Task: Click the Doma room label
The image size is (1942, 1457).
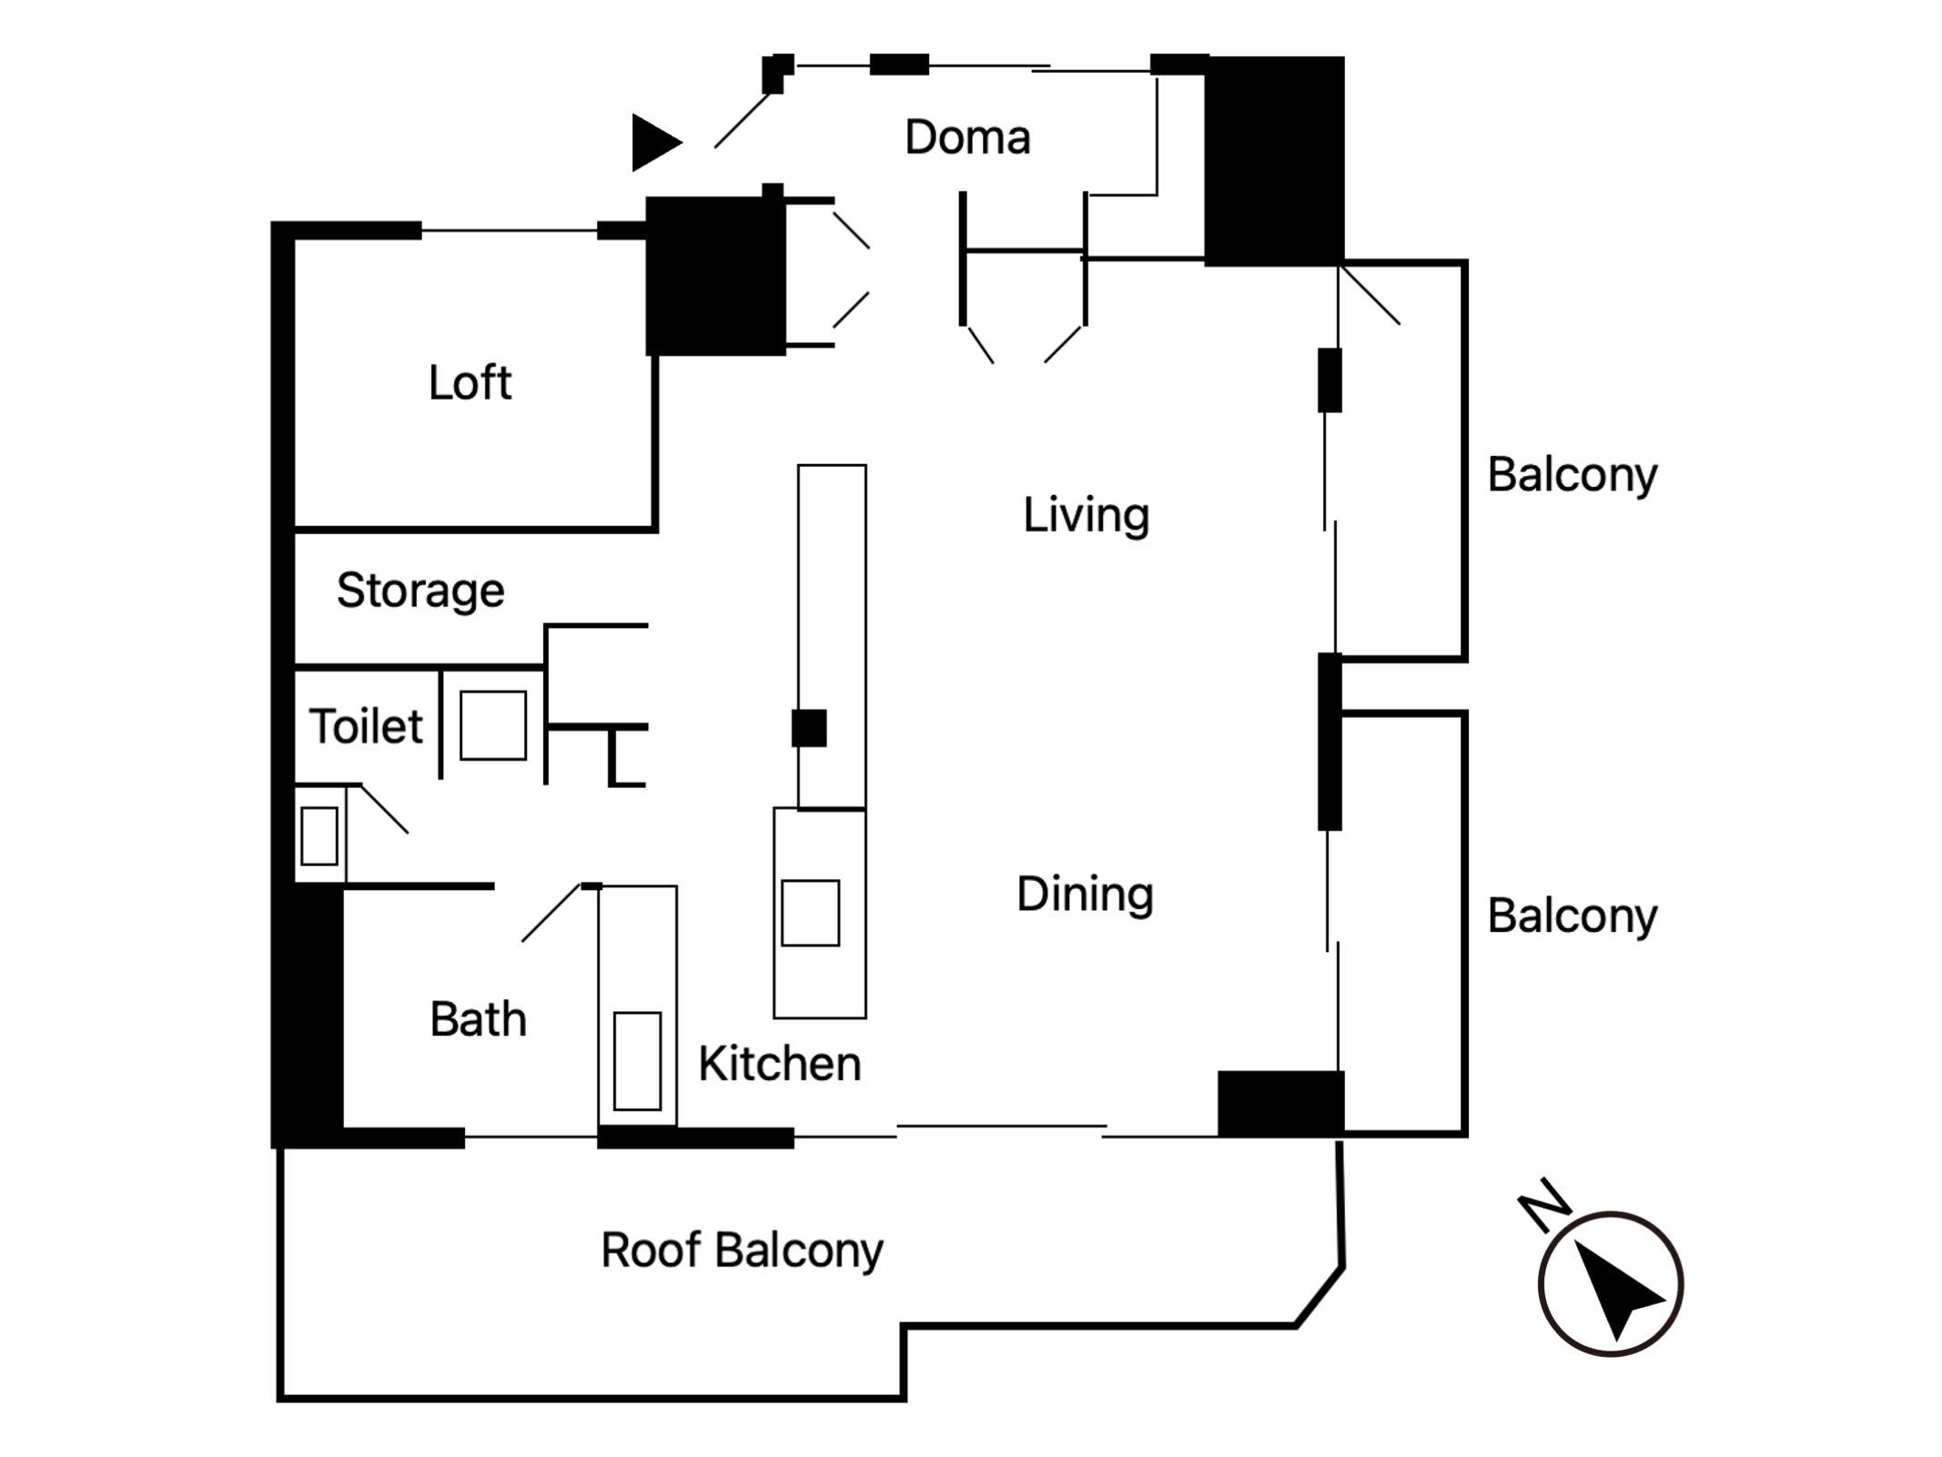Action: (967, 137)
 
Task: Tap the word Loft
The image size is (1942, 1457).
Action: (470, 382)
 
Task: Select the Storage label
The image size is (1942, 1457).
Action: (420, 592)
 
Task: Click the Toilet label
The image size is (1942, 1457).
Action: (366, 726)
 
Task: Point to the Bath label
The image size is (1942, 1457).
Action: (478, 1019)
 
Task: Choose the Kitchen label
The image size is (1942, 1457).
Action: (780, 1064)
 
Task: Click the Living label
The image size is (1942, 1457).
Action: (1086, 515)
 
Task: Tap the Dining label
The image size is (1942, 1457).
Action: (1085, 895)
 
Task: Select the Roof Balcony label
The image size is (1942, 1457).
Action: (742, 1250)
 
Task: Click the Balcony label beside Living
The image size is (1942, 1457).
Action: (1573, 475)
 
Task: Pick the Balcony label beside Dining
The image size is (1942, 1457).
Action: (1573, 916)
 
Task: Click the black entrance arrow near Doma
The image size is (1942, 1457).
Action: (655, 143)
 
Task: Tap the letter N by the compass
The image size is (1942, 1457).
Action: (1544, 1205)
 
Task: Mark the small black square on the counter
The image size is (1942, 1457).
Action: (809, 728)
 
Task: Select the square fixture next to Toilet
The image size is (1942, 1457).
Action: (493, 725)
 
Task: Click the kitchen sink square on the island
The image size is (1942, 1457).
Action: (810, 913)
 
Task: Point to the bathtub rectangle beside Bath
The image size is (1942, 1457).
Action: (637, 1061)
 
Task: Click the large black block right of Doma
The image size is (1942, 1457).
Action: (1274, 161)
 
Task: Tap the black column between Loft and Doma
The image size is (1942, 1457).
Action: (715, 275)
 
